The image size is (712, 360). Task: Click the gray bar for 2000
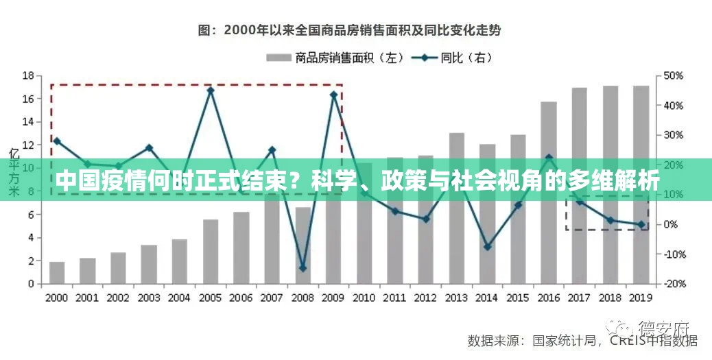pyautogui.click(x=57, y=272)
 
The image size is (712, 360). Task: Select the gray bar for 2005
pyautogui.click(x=211, y=251)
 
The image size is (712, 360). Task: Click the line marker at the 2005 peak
pyautogui.click(x=211, y=90)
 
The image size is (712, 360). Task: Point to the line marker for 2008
pyautogui.click(x=302, y=268)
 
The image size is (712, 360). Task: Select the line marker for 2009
pyautogui.click(x=334, y=95)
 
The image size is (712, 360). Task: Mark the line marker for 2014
pyautogui.click(x=487, y=246)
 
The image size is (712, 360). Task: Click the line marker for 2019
pyautogui.click(x=641, y=224)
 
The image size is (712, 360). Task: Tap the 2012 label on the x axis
pyautogui.click(x=425, y=298)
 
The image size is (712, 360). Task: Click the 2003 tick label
pyautogui.click(x=149, y=298)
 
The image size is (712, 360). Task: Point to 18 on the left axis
pyautogui.click(x=28, y=75)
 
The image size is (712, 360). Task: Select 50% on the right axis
pyautogui.click(x=674, y=75)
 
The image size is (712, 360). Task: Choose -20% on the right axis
pyautogui.click(x=674, y=284)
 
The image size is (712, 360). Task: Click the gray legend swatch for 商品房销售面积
pyautogui.click(x=278, y=58)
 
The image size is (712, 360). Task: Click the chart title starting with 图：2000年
pyautogui.click(x=349, y=30)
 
